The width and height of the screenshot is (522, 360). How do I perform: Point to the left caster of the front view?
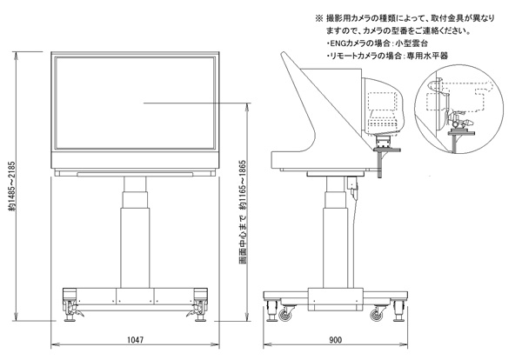(70, 305)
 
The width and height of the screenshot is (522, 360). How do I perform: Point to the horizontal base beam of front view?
(133, 294)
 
